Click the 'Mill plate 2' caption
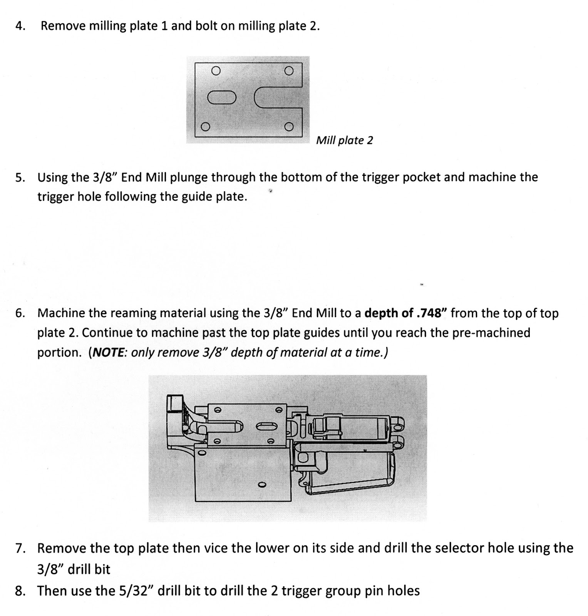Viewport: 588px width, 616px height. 344,141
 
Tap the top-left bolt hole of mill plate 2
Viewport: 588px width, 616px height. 216,70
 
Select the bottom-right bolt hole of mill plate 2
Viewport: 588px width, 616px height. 289,127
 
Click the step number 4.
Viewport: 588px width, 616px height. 20,26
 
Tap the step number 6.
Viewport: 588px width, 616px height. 20,313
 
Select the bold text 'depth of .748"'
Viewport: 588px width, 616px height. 405,313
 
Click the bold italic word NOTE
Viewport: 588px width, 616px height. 107,353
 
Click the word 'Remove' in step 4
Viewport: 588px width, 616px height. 63,26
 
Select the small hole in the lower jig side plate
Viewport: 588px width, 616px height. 262,484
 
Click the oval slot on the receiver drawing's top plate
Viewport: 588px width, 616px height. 266,425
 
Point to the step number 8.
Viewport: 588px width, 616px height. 20,591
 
